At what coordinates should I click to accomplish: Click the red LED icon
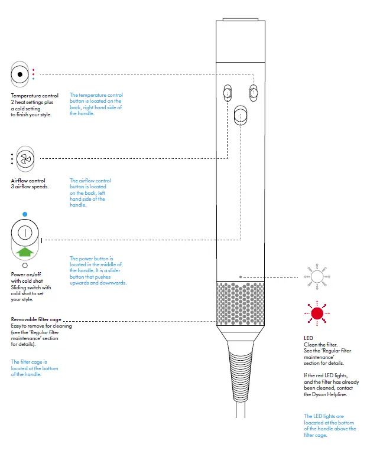[x=317, y=313]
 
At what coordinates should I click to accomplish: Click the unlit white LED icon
[x=317, y=276]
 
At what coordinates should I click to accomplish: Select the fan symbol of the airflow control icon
[x=24, y=159]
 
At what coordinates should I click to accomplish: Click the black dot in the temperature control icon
[x=20, y=74]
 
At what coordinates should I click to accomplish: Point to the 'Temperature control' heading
[x=35, y=96]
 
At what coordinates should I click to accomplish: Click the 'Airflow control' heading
[x=28, y=181]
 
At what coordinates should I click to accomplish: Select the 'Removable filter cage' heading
[x=35, y=319]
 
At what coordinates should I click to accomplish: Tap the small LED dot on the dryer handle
[x=240, y=276]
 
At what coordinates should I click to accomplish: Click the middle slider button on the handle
[x=241, y=115]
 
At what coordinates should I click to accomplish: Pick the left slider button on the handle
[x=227, y=93]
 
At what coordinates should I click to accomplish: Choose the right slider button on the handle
[x=254, y=93]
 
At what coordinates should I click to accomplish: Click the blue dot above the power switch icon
[x=24, y=214]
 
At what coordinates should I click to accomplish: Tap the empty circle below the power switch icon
[x=24, y=266]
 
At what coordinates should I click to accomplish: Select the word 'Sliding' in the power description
[x=19, y=288]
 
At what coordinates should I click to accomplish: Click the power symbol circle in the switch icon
[x=24, y=231]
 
